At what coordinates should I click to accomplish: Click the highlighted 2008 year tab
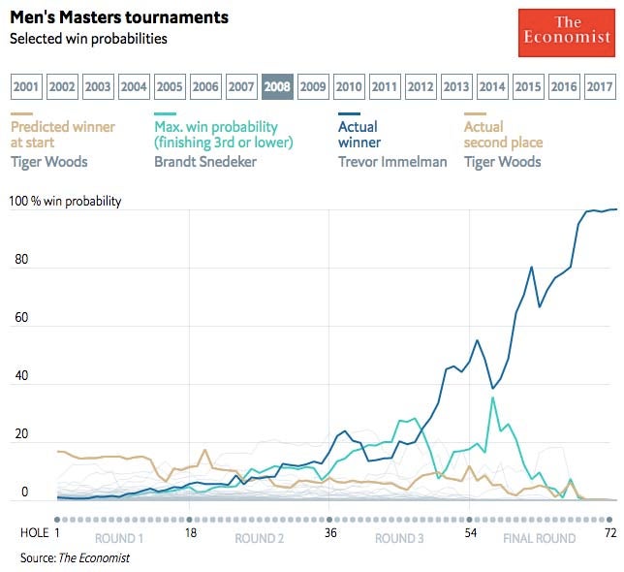click(277, 86)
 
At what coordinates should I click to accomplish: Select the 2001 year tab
click(27, 86)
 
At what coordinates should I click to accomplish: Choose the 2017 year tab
click(600, 86)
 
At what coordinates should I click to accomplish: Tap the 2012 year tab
click(421, 86)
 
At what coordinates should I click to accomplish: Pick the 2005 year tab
click(171, 86)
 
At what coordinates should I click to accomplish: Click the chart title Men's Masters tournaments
click(119, 17)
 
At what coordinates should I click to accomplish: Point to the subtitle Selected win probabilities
click(88, 39)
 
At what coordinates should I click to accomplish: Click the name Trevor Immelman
click(392, 161)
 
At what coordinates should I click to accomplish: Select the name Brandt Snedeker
click(204, 161)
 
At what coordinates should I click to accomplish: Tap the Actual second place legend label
click(503, 135)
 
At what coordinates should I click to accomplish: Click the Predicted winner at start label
click(62, 135)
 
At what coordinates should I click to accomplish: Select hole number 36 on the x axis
click(329, 533)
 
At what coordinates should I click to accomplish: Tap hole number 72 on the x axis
click(610, 533)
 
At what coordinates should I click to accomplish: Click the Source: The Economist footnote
click(75, 557)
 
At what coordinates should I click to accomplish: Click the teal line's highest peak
click(493, 397)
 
